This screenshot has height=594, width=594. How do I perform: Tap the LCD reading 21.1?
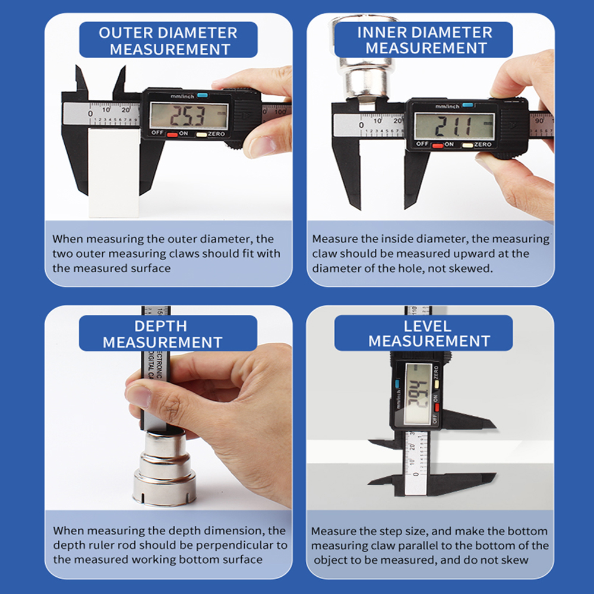pyautogui.click(x=454, y=126)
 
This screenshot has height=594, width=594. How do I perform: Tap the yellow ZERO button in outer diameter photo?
pyautogui.click(x=202, y=134)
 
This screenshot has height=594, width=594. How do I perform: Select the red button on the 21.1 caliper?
pyautogui.click(x=438, y=145)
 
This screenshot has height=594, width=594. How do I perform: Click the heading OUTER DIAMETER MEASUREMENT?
pyautogui.click(x=169, y=40)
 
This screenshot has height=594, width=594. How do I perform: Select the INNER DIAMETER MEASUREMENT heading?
pyautogui.click(x=424, y=40)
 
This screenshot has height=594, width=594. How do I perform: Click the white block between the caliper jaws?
pyautogui.click(x=113, y=172)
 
